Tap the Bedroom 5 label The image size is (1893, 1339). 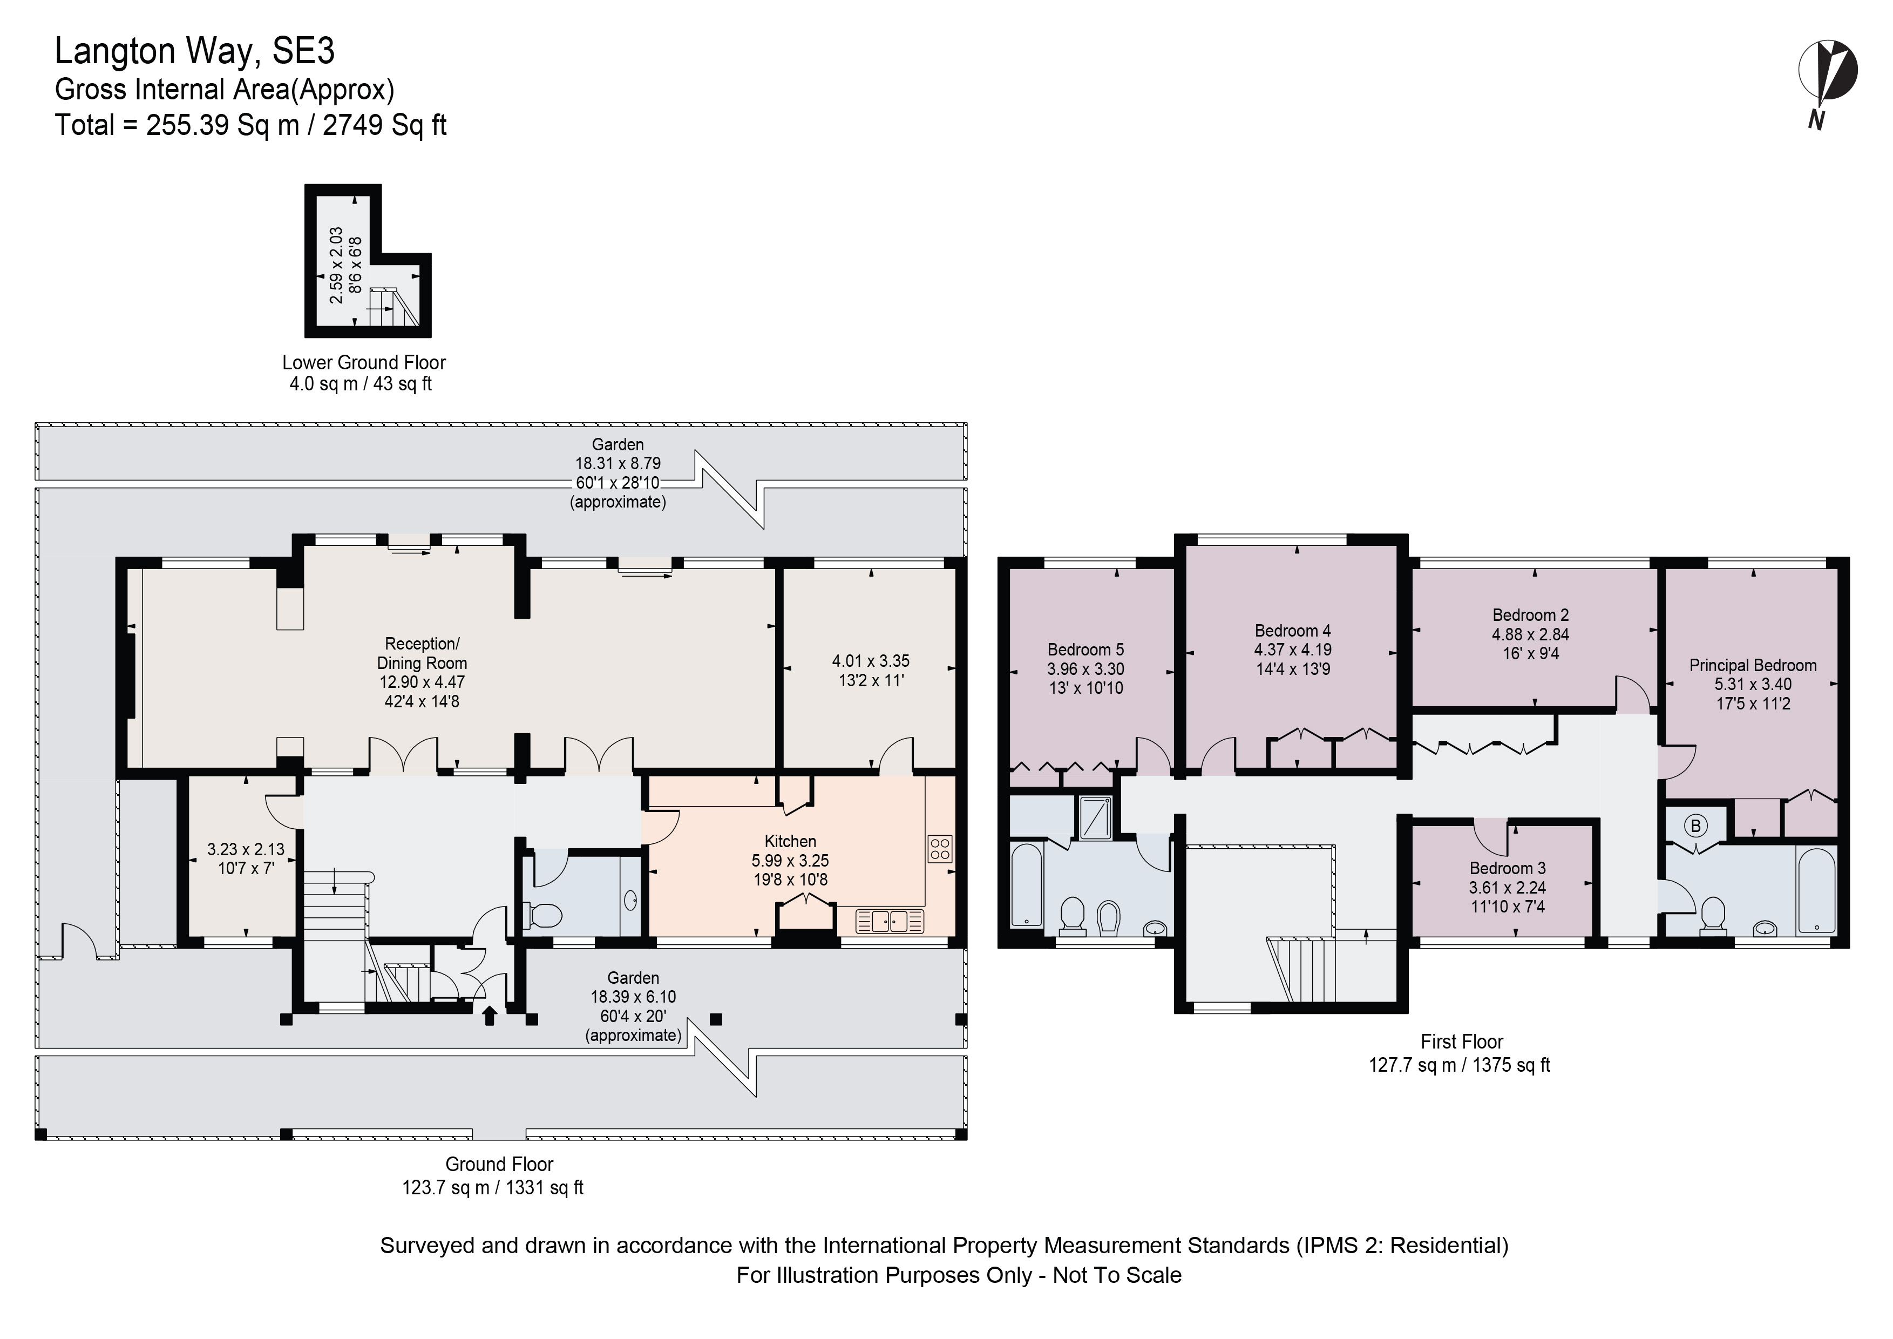pyautogui.click(x=1085, y=650)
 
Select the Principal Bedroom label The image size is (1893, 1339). pyautogui.click(x=1753, y=665)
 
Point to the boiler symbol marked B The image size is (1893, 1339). pyautogui.click(x=1696, y=826)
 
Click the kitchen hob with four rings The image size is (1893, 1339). pyautogui.click(x=940, y=849)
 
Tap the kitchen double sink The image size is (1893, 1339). pyautogui.click(x=890, y=921)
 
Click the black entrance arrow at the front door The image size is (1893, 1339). pyautogui.click(x=489, y=1016)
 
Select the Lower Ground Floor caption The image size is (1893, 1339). pyautogui.click(x=364, y=363)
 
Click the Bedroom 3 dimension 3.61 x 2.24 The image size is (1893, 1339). pyautogui.click(x=1507, y=888)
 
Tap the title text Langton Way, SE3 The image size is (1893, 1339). pyautogui.click(x=194, y=51)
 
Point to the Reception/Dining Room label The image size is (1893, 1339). pyautogui.click(x=422, y=653)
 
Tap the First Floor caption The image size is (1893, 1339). pyautogui.click(x=1462, y=1042)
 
